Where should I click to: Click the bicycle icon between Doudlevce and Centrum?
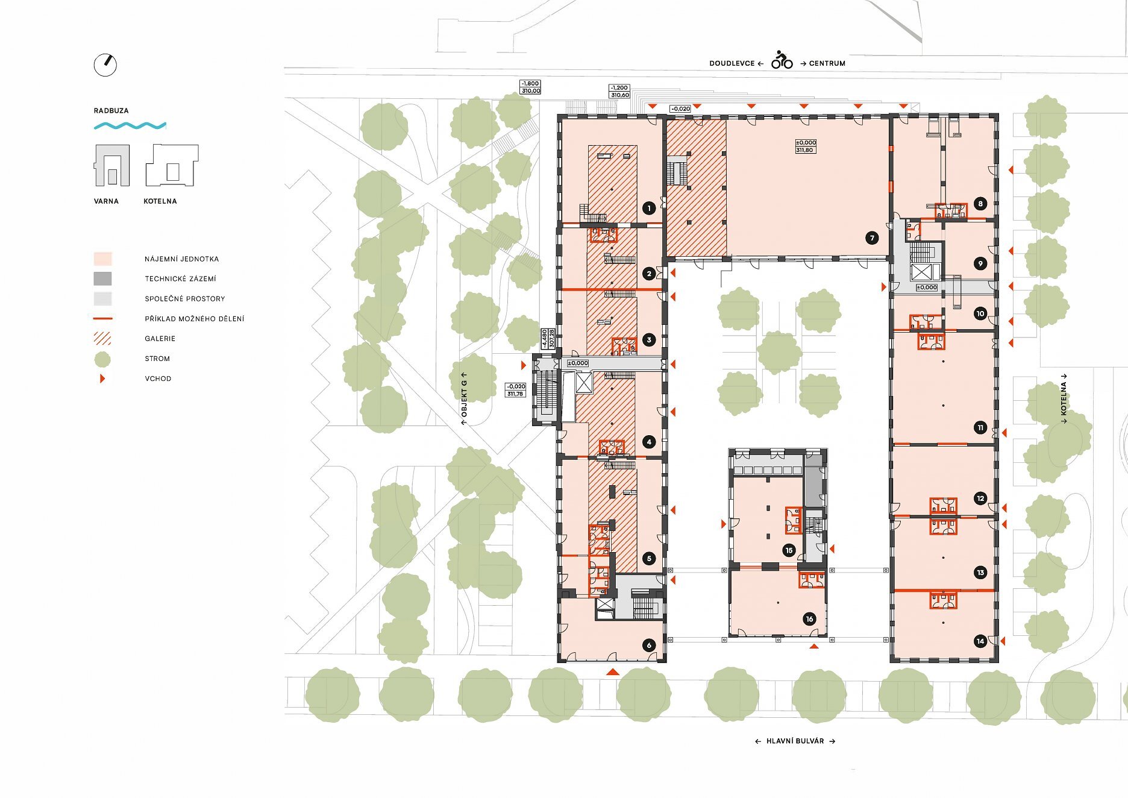point(782,60)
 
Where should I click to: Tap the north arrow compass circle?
point(105,65)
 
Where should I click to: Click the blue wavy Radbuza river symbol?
point(130,125)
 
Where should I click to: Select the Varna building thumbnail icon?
point(111,165)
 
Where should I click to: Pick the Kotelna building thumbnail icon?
point(172,165)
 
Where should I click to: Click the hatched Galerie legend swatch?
point(102,338)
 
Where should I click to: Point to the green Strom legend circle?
point(102,359)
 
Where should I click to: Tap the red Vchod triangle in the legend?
point(102,379)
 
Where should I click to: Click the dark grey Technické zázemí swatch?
point(102,278)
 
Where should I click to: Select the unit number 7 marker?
point(872,238)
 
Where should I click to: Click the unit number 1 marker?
point(649,209)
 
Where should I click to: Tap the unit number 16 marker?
point(809,618)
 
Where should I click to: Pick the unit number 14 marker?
point(980,641)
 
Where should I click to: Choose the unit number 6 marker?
point(649,645)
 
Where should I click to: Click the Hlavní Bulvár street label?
point(795,741)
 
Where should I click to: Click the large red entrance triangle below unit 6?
point(612,671)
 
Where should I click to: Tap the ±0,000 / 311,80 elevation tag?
point(806,146)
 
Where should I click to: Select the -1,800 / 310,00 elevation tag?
point(531,87)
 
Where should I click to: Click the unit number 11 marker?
point(980,428)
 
